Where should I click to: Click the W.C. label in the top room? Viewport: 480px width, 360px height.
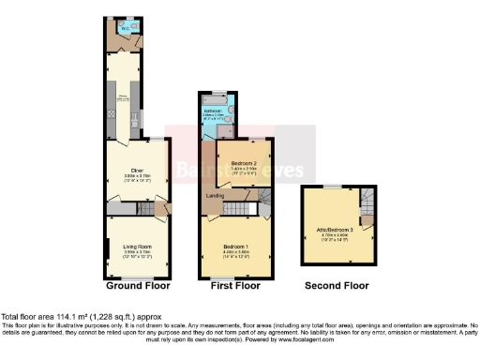123,27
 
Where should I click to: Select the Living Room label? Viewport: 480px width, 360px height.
131,246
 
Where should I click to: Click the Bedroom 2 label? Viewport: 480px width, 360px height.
243,163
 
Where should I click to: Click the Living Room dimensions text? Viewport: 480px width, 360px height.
131,253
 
